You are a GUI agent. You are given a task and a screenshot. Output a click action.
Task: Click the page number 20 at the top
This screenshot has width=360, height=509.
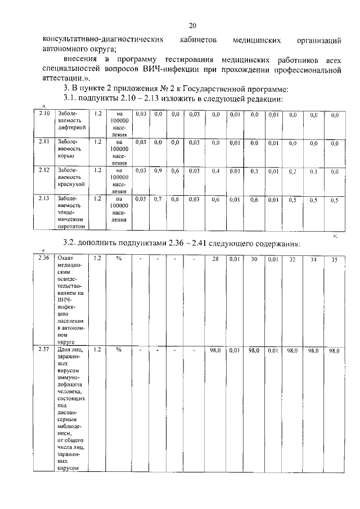coord(192,25)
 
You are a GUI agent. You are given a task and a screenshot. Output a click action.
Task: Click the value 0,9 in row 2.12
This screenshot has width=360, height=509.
coord(158,170)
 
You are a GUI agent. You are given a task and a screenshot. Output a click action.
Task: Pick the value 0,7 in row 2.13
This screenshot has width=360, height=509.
coord(158,199)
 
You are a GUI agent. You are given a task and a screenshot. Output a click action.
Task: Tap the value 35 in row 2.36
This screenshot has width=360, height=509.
coord(334,259)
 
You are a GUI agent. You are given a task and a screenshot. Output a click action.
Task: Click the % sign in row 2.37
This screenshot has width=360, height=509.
coord(119,350)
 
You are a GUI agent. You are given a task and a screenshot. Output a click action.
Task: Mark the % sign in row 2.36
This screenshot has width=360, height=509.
coord(119,259)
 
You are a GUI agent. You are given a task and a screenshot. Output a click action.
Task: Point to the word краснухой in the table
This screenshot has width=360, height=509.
coord(71,184)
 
